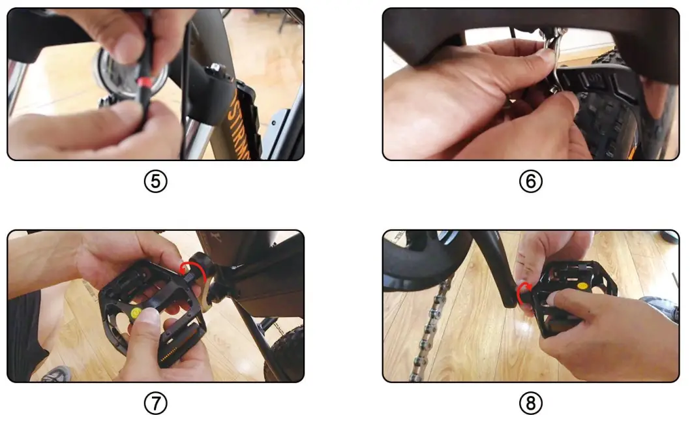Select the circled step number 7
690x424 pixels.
(x=155, y=403)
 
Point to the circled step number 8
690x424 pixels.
(x=530, y=403)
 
